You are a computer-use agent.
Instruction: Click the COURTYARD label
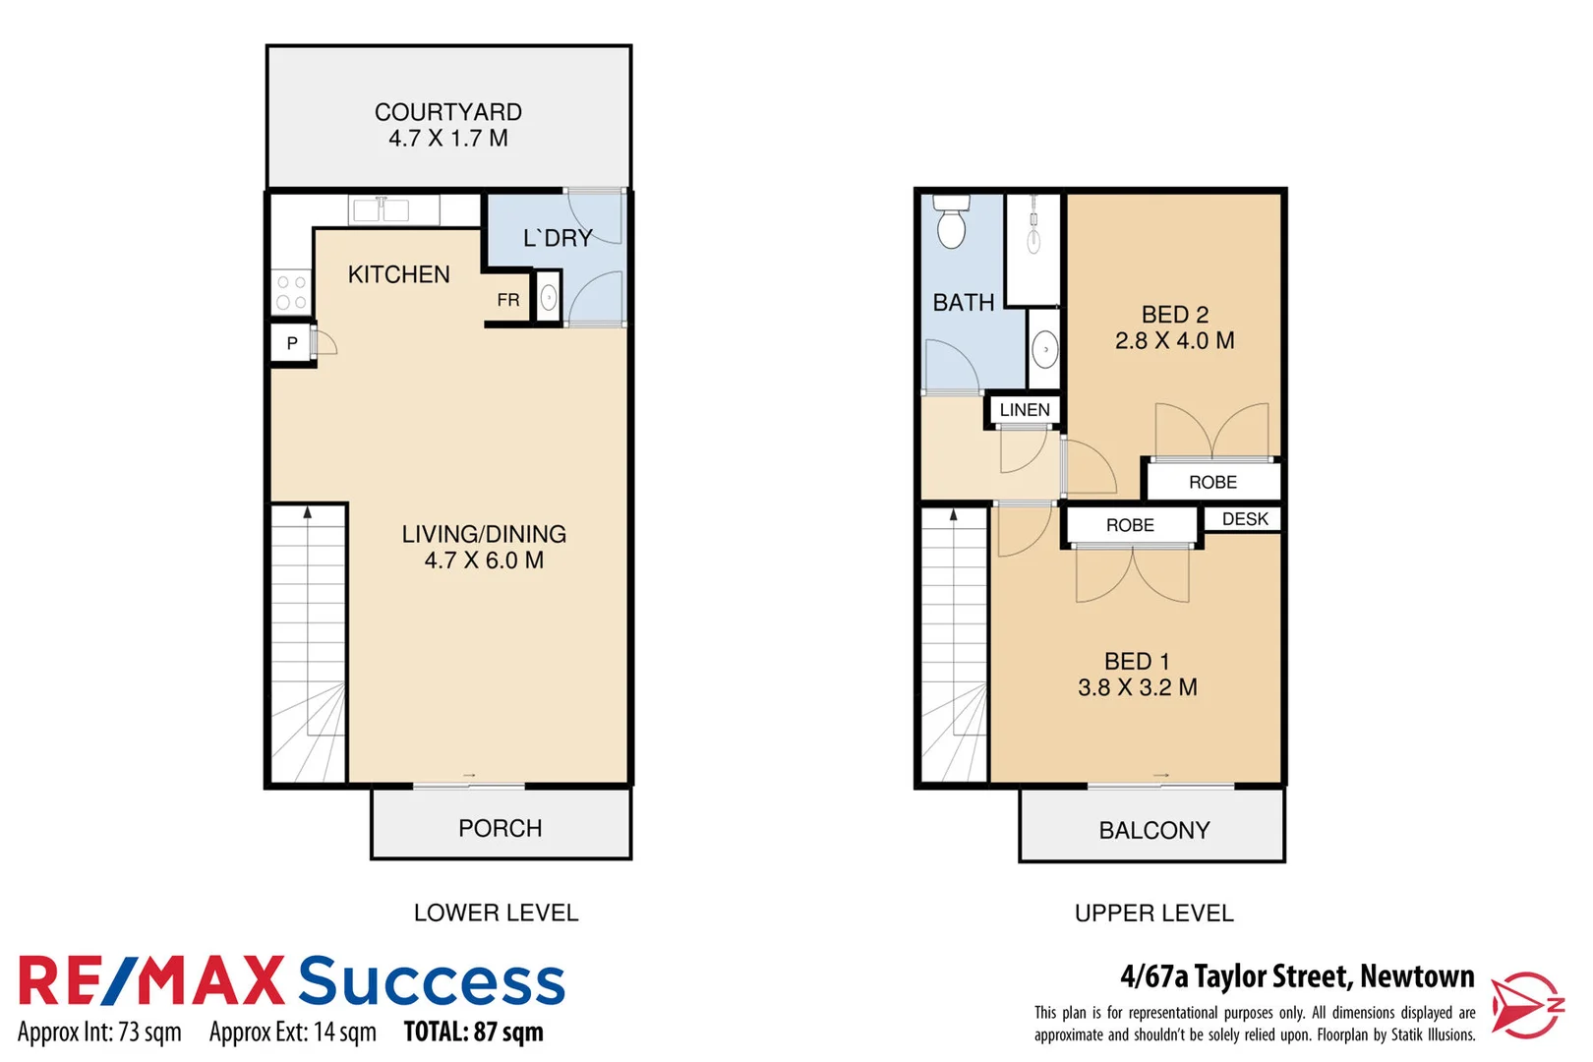point(447,112)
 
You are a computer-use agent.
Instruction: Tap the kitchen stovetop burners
point(291,292)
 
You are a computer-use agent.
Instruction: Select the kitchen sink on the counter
point(381,209)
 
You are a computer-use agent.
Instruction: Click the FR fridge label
point(507,300)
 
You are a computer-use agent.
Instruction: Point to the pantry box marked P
point(291,343)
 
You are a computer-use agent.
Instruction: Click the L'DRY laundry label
point(558,238)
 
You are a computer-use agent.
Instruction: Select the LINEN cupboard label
point(1024,410)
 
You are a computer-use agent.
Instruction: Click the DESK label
point(1244,519)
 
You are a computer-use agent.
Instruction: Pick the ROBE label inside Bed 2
point(1212,482)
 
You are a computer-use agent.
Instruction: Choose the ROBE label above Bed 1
point(1130,525)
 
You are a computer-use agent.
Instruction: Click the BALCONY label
point(1153,830)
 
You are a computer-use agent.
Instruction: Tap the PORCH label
point(500,828)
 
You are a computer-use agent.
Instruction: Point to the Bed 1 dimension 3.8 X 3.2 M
point(1137,687)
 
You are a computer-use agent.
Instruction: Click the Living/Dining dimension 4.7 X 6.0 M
point(483,560)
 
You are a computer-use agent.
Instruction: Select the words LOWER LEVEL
point(496,913)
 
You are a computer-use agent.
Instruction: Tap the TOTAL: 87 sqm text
point(473,1032)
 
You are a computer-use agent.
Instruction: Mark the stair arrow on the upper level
point(953,514)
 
